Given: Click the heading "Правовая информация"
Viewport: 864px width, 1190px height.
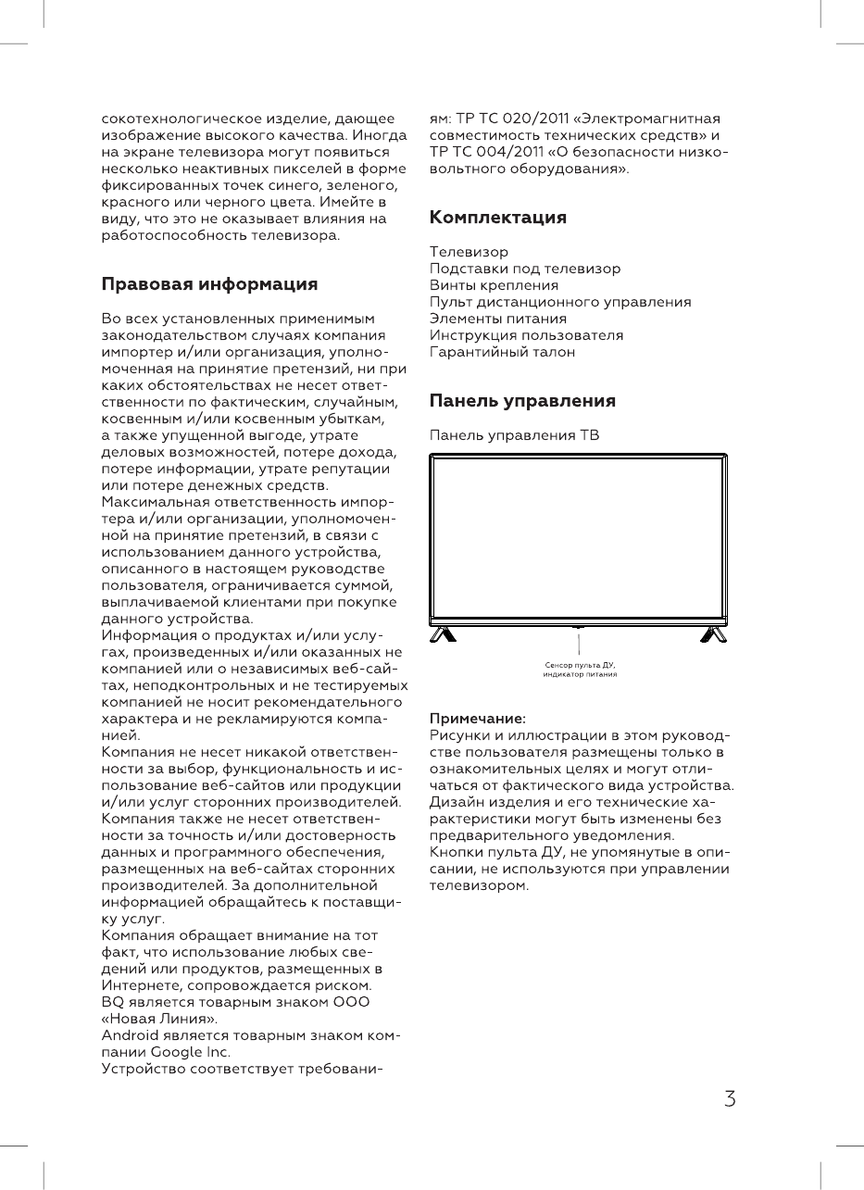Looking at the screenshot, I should (209, 283).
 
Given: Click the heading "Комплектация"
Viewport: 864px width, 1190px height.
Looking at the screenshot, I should (498, 218).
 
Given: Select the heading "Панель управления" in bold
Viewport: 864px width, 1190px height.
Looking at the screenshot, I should (522, 401).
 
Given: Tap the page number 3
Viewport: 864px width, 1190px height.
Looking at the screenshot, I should (731, 1099).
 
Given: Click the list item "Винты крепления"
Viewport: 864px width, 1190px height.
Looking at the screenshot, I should (494, 285).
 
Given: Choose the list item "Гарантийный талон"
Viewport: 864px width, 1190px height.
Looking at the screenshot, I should (502, 352).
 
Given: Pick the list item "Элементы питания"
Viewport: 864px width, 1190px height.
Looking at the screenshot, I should (498, 319).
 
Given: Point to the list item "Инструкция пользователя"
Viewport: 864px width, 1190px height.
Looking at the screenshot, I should (526, 335).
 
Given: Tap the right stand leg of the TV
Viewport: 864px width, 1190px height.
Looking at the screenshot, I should (713, 634).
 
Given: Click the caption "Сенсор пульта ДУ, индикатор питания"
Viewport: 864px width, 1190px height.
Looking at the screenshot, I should (580, 670).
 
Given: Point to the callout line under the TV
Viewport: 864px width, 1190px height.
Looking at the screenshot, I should (579, 643).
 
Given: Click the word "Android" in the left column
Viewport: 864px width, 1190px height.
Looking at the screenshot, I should (131, 1035).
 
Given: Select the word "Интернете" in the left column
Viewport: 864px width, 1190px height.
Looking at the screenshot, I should (138, 985).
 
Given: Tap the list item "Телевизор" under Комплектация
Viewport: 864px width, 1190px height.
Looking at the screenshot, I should (469, 252).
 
